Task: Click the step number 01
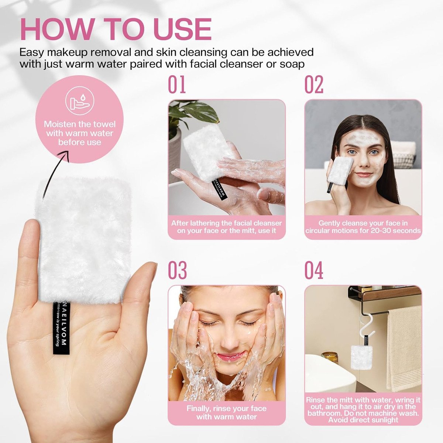(177, 85)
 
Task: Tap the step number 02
(314, 85)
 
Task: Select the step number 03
(177, 270)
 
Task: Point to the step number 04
(314, 270)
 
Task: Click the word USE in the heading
(180, 30)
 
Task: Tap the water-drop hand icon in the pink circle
(79, 102)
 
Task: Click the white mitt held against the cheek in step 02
(340, 172)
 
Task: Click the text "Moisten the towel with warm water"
(79, 129)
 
